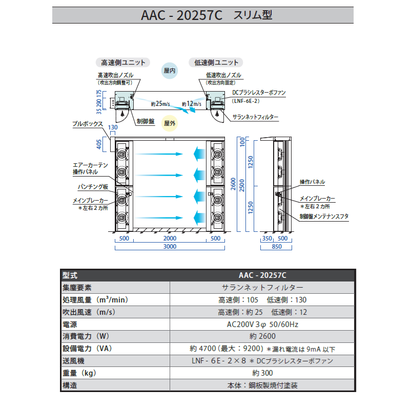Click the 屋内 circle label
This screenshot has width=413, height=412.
[170, 71]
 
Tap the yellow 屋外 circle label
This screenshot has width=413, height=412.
[170, 123]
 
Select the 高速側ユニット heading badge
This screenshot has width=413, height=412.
[123, 62]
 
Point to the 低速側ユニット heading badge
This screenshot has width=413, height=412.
[216, 62]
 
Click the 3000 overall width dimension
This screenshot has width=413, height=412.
[170, 247]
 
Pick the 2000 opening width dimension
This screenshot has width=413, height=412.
[170, 238]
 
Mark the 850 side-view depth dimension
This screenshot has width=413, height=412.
[277, 247]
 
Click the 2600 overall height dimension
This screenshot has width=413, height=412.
[233, 184]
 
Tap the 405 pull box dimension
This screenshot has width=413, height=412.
[99, 144]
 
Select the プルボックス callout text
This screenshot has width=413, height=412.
[88, 124]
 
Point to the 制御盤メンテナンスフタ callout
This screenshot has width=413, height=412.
[324, 216]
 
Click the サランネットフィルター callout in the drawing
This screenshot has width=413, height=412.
[255, 117]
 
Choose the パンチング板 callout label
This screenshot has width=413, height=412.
[93, 187]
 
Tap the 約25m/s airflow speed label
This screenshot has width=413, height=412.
[160, 104]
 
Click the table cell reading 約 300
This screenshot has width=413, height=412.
[262, 373]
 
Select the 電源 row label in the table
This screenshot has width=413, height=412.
[70, 324]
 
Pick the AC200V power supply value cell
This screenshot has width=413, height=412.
[262, 324]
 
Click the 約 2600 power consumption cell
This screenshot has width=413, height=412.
[262, 336]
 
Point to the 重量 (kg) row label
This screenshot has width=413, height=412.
[79, 373]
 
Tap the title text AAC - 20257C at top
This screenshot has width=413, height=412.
[182, 15]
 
